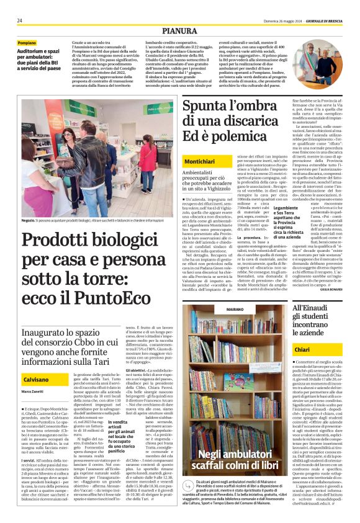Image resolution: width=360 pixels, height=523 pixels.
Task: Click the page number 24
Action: tap(20, 20)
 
